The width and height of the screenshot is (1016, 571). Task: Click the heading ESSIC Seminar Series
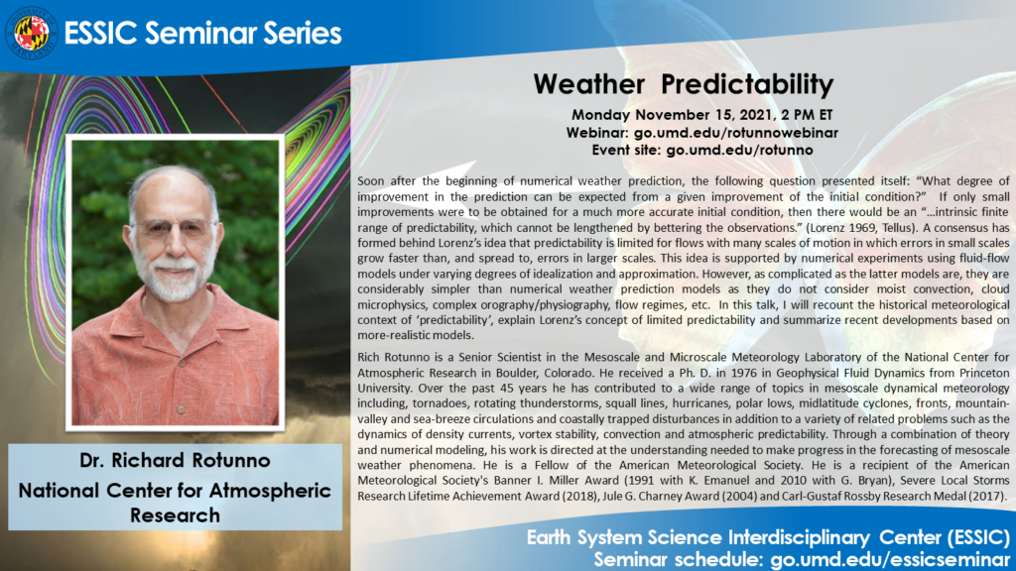[x=202, y=33]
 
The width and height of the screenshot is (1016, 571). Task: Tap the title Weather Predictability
[x=683, y=83]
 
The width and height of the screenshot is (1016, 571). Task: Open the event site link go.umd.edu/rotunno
[x=739, y=149]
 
